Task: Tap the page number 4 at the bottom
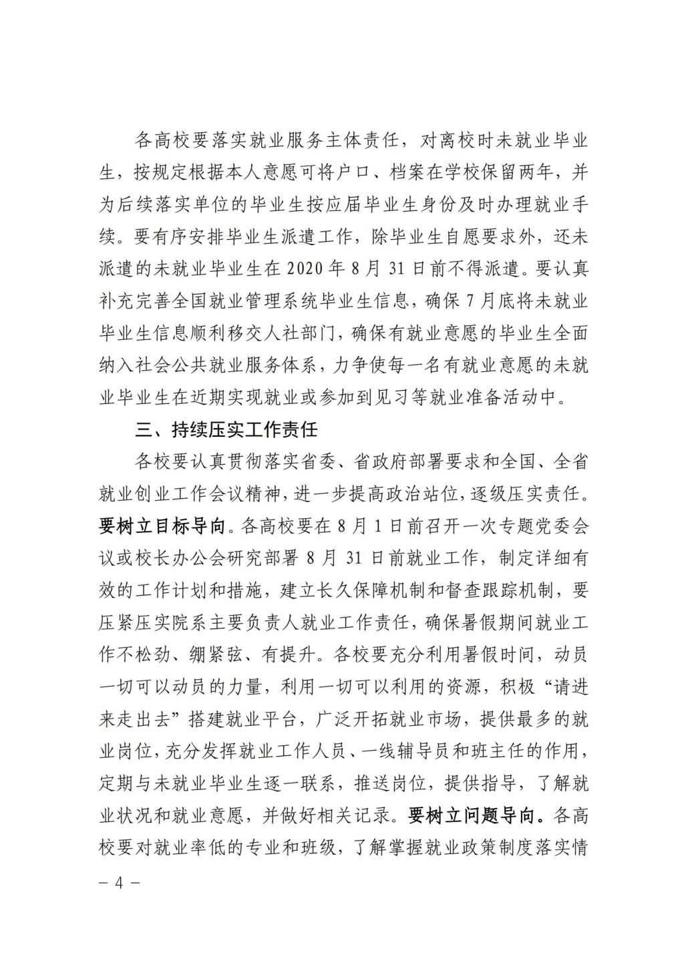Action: (x=120, y=883)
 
